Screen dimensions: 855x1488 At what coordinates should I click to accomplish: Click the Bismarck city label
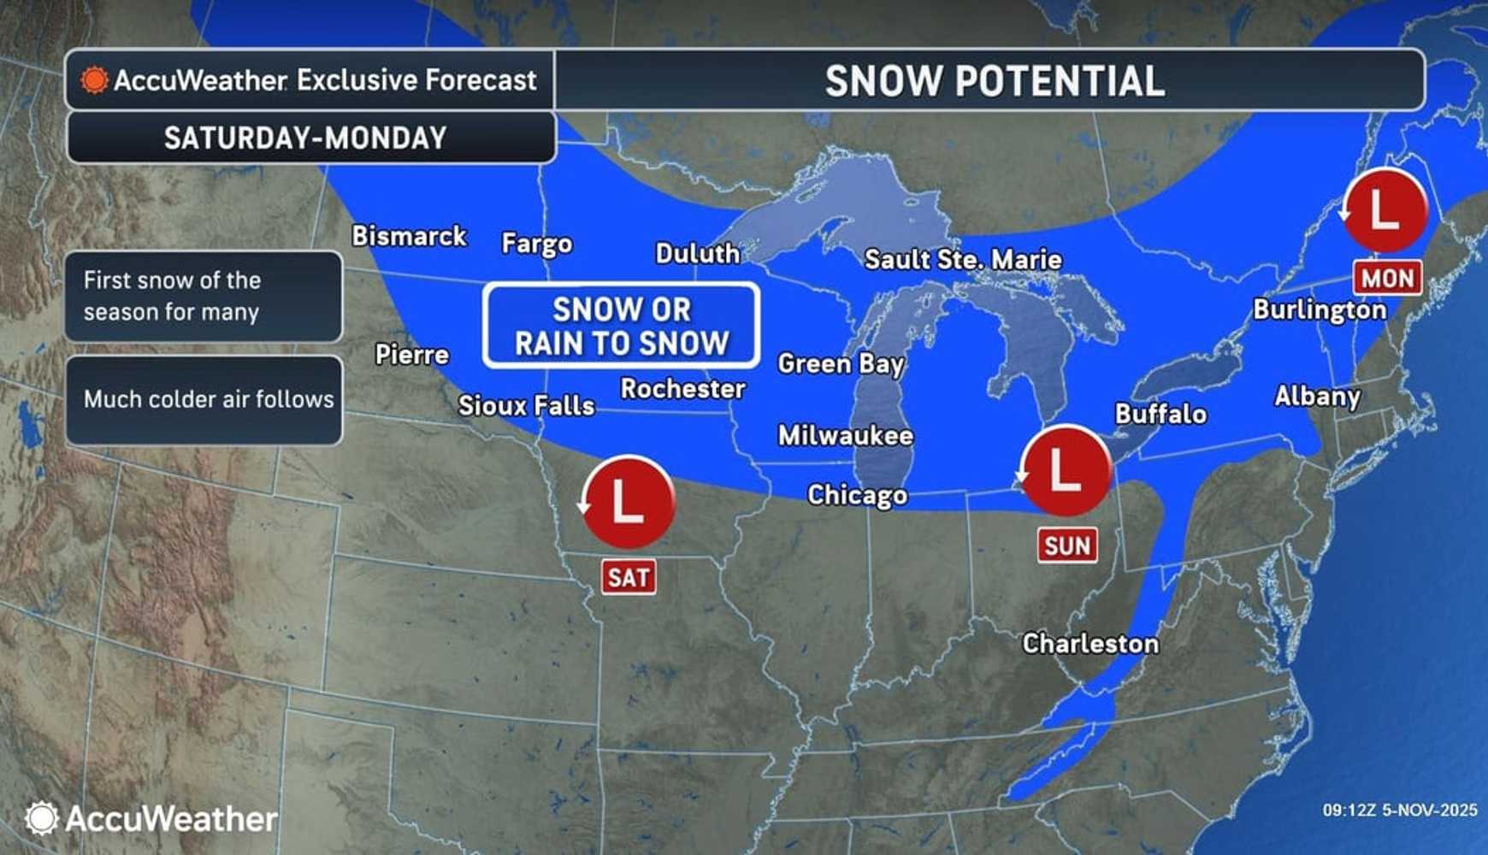(409, 236)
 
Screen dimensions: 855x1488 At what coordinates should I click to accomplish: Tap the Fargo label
(536, 245)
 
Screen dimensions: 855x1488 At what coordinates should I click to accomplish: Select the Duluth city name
(697, 254)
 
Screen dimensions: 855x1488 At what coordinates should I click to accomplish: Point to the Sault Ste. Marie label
(963, 260)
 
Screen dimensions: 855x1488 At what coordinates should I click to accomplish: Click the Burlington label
(1319, 310)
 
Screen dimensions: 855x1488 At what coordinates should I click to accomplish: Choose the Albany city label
(1317, 397)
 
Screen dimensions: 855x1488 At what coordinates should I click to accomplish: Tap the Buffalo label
(1160, 415)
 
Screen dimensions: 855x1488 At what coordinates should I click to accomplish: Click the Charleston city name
(1090, 644)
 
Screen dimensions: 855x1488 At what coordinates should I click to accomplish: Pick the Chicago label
(857, 495)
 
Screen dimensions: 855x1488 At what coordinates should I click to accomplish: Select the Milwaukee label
(845, 436)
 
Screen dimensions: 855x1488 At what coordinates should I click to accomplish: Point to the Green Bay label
(840, 364)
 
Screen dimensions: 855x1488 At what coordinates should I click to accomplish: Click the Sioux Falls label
(526, 405)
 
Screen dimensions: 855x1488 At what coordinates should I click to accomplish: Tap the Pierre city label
(411, 355)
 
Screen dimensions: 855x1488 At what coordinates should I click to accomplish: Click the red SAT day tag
(629, 578)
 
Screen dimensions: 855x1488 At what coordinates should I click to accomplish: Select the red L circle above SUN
(1065, 471)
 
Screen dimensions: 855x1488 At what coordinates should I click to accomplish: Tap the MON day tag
(1386, 279)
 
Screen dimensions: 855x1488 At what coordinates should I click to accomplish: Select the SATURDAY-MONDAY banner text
(305, 139)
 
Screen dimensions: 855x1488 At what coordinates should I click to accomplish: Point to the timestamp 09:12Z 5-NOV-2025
(1399, 810)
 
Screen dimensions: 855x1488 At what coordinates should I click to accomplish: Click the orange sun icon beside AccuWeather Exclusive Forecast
(94, 80)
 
